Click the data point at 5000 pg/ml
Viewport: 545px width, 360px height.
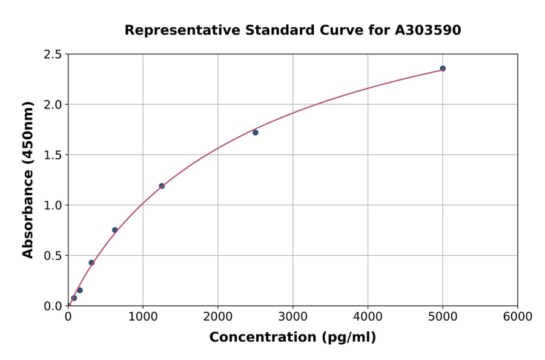click(443, 68)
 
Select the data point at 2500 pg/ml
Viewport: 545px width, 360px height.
click(256, 133)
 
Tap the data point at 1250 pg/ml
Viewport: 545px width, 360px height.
click(162, 186)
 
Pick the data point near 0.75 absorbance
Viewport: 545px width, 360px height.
click(115, 230)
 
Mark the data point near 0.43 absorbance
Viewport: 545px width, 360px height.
click(91, 262)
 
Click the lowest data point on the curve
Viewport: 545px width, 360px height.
click(74, 298)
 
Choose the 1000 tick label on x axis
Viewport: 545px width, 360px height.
click(143, 317)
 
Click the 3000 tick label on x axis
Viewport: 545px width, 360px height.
click(293, 317)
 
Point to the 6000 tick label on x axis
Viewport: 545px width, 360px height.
click(518, 317)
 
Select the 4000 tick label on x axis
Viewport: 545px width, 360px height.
click(368, 317)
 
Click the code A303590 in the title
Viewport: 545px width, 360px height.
click(428, 30)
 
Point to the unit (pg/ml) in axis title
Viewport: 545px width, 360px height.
click(349, 338)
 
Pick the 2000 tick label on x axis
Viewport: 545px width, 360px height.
click(218, 317)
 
